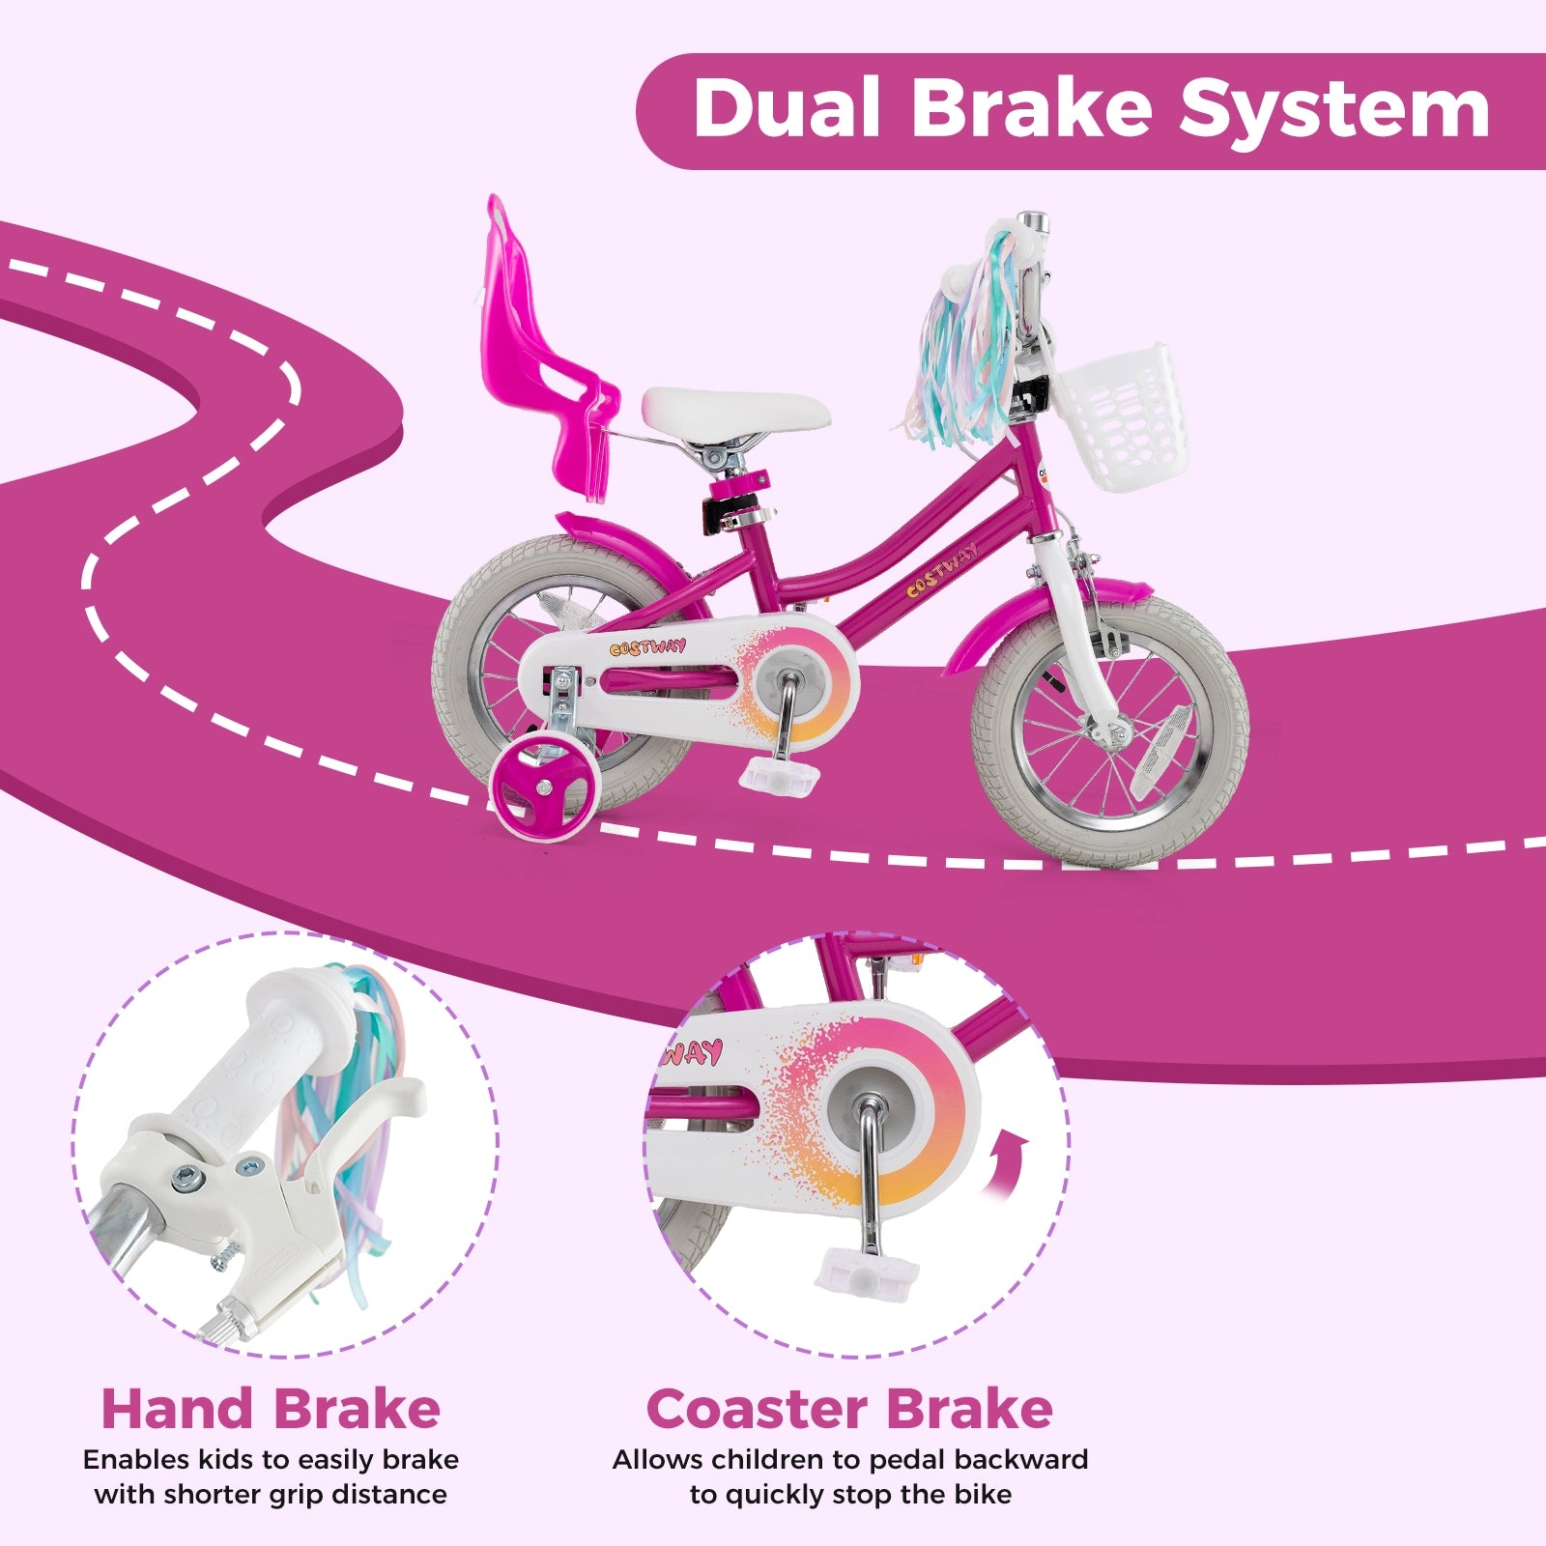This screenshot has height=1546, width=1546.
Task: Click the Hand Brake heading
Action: [x=271, y=1409]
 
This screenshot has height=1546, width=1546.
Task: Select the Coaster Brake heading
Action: [x=849, y=1409]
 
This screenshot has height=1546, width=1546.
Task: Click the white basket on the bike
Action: [x=1121, y=415]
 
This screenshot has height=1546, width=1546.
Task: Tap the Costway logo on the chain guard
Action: [x=648, y=646]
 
